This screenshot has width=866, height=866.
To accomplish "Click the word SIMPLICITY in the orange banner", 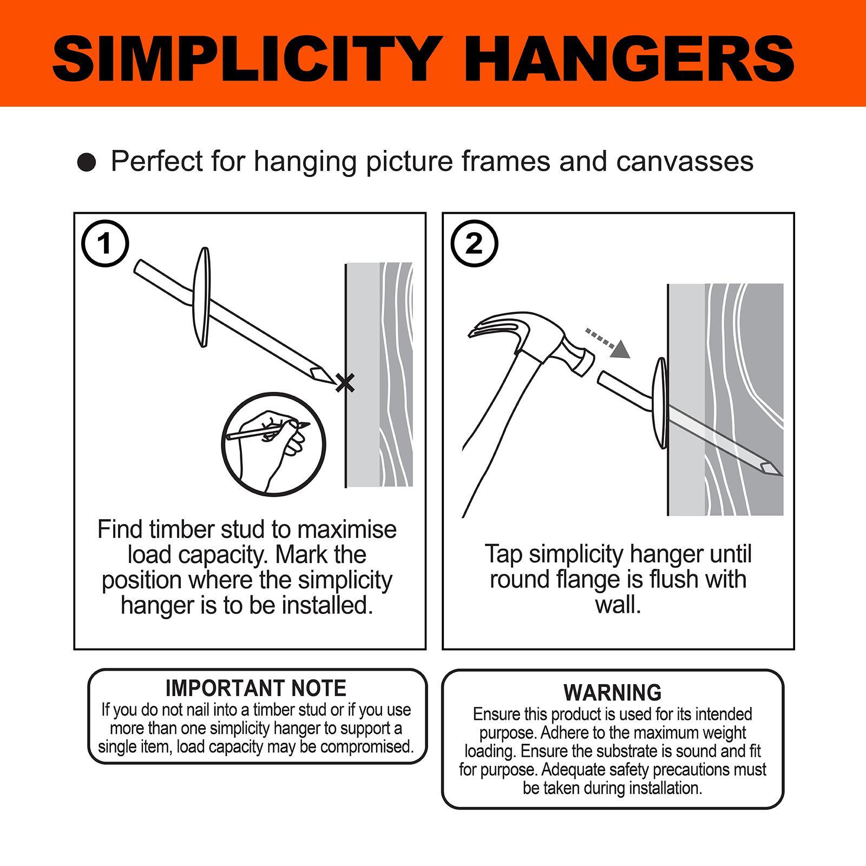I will [244, 58].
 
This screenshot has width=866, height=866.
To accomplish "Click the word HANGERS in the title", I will [635, 58].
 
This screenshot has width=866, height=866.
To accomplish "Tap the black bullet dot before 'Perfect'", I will [87, 162].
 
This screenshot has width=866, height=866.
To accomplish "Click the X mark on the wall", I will [345, 383].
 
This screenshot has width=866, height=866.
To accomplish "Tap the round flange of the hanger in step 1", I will [204, 298].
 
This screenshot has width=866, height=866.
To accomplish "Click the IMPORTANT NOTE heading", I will [256, 688].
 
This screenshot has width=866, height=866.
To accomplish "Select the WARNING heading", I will [612, 692].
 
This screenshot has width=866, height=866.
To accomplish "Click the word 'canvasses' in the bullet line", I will [685, 161].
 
